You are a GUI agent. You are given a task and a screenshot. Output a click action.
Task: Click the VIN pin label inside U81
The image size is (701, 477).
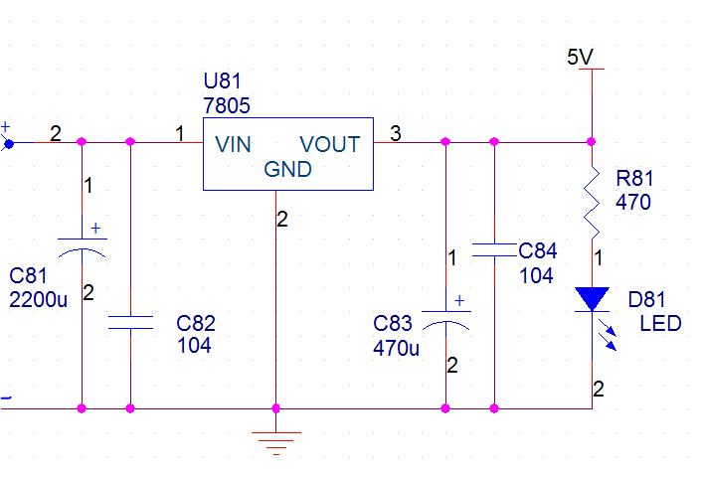pos(233,145)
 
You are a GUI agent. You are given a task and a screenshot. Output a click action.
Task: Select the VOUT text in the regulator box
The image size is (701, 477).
pos(330,145)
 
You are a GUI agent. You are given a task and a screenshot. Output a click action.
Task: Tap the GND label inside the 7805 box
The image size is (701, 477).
pos(287,169)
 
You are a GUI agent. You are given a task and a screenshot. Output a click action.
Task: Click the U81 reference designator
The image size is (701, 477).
pos(222,80)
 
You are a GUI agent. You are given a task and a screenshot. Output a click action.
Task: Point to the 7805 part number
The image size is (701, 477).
pos(227,106)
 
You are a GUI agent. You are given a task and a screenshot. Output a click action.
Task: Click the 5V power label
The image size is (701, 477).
pos(580,58)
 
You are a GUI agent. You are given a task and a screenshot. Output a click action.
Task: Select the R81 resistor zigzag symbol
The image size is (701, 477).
pos(592,203)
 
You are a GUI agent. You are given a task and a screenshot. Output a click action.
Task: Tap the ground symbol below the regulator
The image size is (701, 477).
pos(276,443)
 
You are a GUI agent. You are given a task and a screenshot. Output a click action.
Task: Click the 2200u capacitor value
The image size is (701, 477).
pos(38,300)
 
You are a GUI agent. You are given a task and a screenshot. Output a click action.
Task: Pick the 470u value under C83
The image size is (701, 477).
pos(396,349)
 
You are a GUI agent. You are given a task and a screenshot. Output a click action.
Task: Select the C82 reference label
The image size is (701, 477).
pos(196,323)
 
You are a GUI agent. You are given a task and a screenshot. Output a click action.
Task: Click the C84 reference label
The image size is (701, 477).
pos(538,250)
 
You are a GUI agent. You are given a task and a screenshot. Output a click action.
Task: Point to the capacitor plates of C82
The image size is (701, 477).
pos(130,322)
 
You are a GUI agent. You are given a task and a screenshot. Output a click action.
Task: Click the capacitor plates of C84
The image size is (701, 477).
pos(494,250)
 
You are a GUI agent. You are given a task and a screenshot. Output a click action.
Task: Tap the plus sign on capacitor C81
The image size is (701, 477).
pos(95,229)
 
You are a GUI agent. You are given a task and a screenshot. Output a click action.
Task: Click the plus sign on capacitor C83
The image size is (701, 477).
pos(459,300)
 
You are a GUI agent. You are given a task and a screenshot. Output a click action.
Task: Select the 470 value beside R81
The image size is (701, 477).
pos(633,203)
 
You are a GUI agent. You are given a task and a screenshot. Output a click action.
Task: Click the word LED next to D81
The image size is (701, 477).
pos(661,323)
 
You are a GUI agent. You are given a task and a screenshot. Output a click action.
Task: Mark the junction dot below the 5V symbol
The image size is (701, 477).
pos(591,142)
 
